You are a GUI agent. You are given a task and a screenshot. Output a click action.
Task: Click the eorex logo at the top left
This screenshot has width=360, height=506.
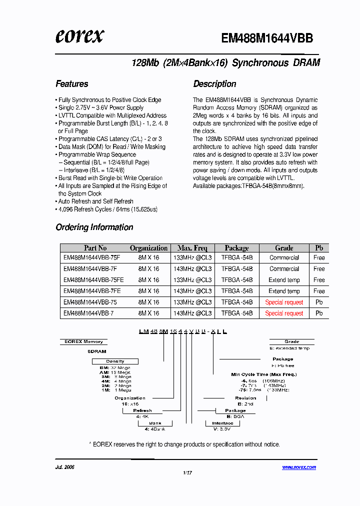(79, 36)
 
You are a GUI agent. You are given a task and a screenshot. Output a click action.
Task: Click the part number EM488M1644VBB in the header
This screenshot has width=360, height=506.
(267, 38)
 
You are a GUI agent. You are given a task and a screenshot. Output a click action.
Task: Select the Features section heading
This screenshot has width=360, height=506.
(72, 84)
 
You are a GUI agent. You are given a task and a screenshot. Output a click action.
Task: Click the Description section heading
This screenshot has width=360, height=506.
(214, 84)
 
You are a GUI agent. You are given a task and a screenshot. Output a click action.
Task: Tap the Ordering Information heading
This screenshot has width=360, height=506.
(94, 227)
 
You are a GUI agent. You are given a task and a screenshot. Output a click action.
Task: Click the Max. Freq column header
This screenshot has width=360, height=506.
(192, 248)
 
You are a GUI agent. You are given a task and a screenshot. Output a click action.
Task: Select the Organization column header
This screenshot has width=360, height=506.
(148, 248)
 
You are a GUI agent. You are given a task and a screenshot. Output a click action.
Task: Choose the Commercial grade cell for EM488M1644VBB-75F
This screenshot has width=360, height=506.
(284, 258)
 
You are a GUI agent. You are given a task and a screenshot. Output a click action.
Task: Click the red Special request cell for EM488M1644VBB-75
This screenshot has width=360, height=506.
(284, 302)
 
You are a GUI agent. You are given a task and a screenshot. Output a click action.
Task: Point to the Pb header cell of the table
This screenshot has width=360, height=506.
(319, 248)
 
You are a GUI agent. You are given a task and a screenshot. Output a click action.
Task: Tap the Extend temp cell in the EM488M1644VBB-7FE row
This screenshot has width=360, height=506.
(284, 291)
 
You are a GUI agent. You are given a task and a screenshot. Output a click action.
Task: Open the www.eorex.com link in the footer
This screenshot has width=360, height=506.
(299, 467)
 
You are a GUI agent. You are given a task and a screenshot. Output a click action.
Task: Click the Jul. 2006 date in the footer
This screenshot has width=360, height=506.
(65, 467)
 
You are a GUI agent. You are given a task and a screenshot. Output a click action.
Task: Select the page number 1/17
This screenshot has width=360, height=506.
(187, 472)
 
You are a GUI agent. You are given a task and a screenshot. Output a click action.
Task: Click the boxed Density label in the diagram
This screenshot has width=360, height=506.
(115, 361)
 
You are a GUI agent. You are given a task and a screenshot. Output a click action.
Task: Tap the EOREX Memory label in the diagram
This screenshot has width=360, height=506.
(84, 342)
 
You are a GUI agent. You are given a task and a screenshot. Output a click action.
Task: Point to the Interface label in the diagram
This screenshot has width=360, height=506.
(222, 423)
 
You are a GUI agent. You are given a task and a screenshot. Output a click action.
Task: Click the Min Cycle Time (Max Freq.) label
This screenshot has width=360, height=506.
(263, 374)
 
